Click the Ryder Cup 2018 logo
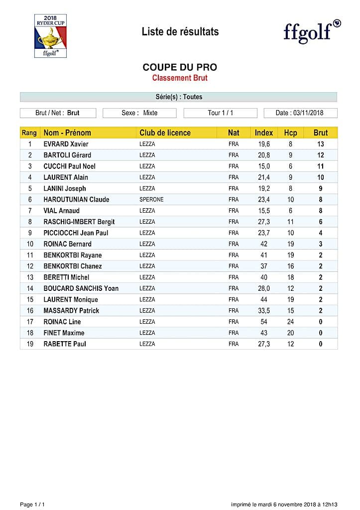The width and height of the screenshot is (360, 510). point(50,36)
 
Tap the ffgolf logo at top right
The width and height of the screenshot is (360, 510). point(312,31)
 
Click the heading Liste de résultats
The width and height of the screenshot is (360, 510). point(180,32)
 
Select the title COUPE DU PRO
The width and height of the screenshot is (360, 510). point(180,67)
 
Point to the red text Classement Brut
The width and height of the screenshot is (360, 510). point(180,78)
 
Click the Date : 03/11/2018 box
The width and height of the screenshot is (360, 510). point(300,113)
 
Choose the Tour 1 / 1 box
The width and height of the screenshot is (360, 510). point(220,113)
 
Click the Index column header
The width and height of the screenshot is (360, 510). point(264,133)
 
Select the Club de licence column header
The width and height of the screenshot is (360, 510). point(165,133)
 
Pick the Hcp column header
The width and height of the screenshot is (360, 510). point(290,133)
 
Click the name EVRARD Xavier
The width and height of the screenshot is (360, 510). point(66,144)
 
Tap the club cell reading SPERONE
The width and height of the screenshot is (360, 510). point(151,200)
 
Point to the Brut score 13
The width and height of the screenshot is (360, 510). point(321,144)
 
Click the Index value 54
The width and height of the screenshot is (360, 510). point(264,322)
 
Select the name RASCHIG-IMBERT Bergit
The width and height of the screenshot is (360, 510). point(79,222)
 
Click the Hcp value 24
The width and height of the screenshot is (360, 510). point(290,322)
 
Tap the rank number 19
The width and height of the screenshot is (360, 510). point(30,344)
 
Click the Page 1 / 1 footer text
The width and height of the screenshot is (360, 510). point(32,504)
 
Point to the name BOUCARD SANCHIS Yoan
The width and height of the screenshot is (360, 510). point(81,288)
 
